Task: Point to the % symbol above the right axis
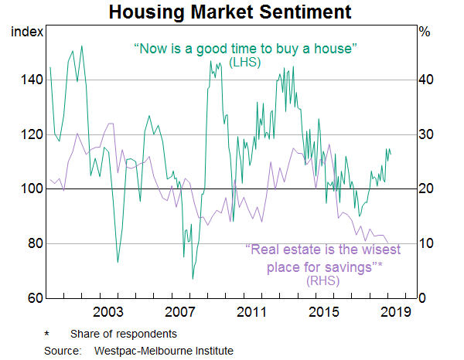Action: point(425,32)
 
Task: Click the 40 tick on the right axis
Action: point(425,80)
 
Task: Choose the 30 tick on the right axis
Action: point(425,134)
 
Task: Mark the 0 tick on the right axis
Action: point(422,298)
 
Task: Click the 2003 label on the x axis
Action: point(109,312)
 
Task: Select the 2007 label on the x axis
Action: point(181,312)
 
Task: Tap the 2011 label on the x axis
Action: point(253,312)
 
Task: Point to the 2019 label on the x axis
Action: point(397,312)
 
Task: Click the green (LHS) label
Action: point(245,62)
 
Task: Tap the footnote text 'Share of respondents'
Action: point(123,334)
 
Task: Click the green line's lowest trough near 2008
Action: point(193,278)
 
